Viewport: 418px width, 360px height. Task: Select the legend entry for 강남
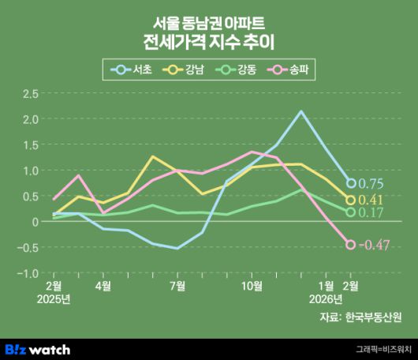pos(187,69)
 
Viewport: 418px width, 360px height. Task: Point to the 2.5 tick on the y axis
pos(30,94)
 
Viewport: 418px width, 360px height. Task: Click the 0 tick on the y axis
pos(35,222)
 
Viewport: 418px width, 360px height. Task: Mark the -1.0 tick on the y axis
pos(28,273)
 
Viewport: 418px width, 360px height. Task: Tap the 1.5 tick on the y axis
pos(30,145)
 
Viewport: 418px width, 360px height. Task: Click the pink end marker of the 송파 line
pos(351,245)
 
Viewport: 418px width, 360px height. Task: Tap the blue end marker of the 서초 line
pos(351,183)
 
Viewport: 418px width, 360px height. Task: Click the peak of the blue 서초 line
pos(301,111)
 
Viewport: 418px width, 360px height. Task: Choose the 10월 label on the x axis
pos(251,285)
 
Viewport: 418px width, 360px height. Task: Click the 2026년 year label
pos(326,299)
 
